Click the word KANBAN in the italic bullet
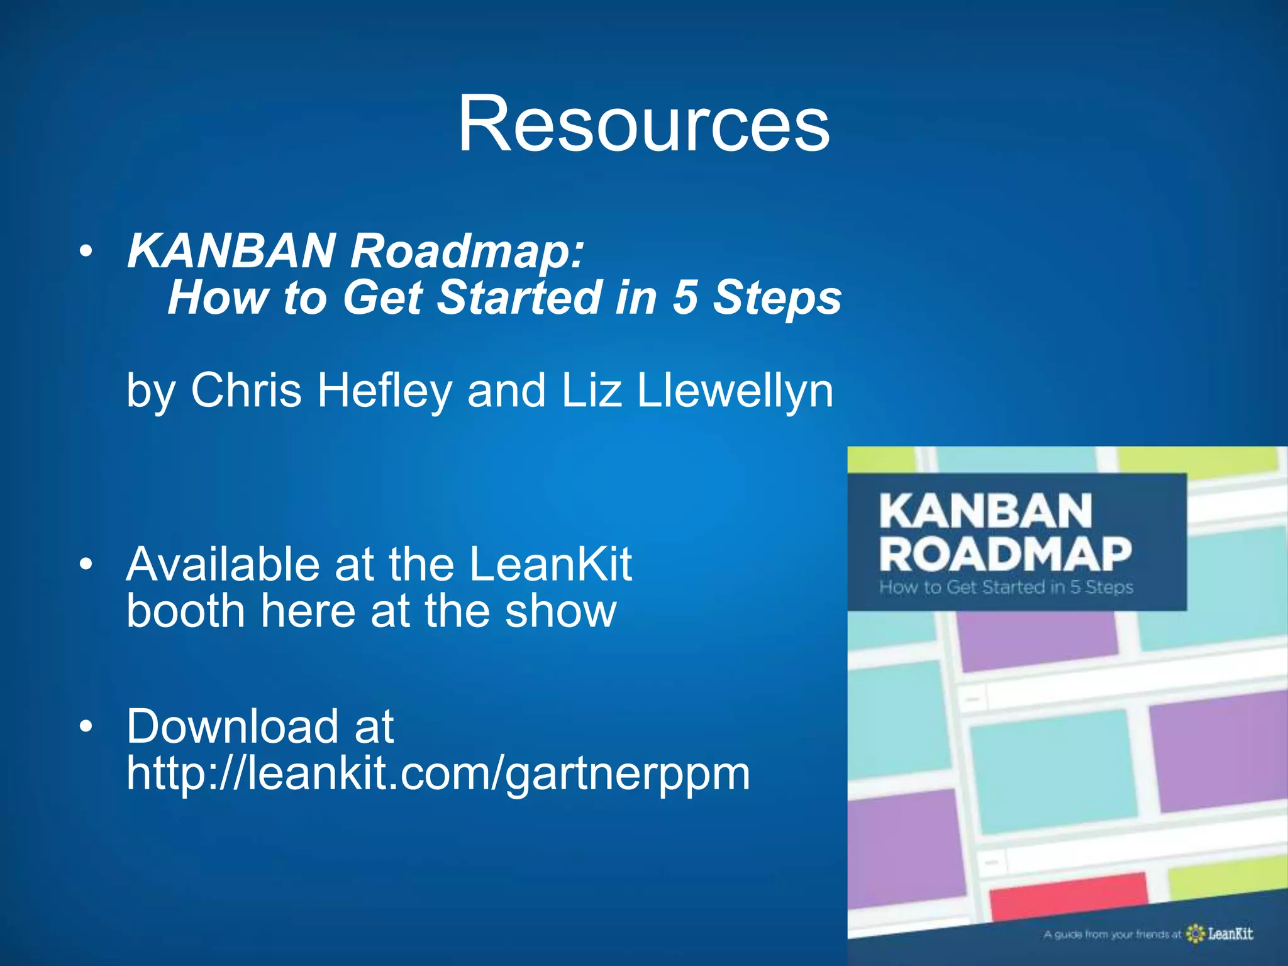click(231, 251)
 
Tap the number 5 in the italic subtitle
click(685, 297)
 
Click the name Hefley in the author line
click(384, 391)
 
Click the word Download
click(233, 726)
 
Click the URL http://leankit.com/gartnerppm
click(438, 774)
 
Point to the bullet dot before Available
click(86, 565)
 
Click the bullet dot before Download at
click(86, 727)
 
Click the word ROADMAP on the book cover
click(1005, 555)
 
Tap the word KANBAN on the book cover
click(985, 511)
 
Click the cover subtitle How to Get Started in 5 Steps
click(1006, 587)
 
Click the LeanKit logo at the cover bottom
click(1220, 933)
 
